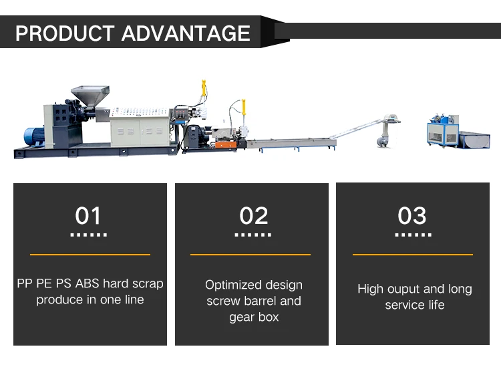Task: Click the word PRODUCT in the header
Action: click(x=65, y=33)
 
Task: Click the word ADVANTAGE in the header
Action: click(x=186, y=33)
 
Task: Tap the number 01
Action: click(x=88, y=215)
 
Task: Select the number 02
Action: click(x=254, y=215)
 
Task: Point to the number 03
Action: click(x=412, y=215)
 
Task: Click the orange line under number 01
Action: click(x=90, y=255)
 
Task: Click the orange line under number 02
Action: click(x=251, y=255)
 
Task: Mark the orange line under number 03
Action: click(x=413, y=255)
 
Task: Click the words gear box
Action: click(x=254, y=317)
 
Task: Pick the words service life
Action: click(x=415, y=305)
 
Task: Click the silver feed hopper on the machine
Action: click(x=90, y=95)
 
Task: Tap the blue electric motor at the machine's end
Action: click(x=34, y=136)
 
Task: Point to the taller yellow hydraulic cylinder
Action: click(x=204, y=88)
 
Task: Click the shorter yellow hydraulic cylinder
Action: click(x=244, y=107)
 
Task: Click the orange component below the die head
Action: click(x=226, y=145)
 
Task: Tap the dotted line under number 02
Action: click(x=253, y=235)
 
